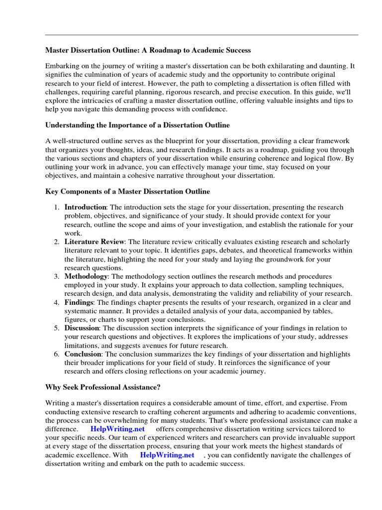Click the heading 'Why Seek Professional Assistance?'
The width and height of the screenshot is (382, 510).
point(103,387)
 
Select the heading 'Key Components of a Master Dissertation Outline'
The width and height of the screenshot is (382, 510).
point(127,191)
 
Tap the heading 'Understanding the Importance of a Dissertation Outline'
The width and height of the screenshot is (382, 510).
point(137,125)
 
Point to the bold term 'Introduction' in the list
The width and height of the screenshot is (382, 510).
point(85,207)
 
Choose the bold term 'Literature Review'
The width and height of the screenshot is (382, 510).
point(95,242)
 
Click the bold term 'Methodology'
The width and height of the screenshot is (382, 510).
point(86,276)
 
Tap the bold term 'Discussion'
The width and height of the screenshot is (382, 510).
point(82,328)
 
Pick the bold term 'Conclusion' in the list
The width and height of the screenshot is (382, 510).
point(83,354)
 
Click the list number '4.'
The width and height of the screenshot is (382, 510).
point(57,302)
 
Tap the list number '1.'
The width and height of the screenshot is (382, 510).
point(57,207)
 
